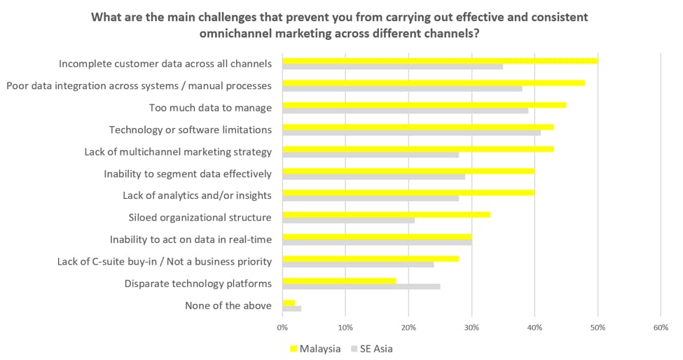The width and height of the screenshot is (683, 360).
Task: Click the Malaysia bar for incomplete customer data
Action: pyautogui.click(x=439, y=60)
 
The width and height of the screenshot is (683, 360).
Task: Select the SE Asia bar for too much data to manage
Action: pyautogui.click(x=405, y=111)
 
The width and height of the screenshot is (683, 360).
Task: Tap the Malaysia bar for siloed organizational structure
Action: pyautogui.click(x=386, y=214)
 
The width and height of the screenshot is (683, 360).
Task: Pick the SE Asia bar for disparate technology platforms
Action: pyautogui.click(x=361, y=286)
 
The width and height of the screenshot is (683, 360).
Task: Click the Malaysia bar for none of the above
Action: pyautogui.click(x=289, y=302)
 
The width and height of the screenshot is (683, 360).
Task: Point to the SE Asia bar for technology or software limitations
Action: pyautogui.click(x=411, y=132)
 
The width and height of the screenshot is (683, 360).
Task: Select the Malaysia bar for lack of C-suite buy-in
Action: pyautogui.click(x=371, y=258)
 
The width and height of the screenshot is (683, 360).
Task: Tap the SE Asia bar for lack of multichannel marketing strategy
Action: pyautogui.click(x=371, y=154)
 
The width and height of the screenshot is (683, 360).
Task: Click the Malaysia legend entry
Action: pyautogui.click(x=315, y=348)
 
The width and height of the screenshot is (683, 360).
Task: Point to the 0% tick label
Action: pyautogui.click(x=282, y=327)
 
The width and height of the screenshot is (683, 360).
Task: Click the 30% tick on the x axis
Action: pyautogui.click(x=471, y=327)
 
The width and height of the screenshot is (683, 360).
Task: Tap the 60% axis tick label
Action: pyautogui.click(x=661, y=327)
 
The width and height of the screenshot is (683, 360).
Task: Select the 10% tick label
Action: pyautogui.click(x=345, y=327)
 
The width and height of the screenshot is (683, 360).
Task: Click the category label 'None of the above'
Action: pyautogui.click(x=228, y=305)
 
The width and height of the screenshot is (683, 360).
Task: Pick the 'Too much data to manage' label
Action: pyautogui.click(x=210, y=108)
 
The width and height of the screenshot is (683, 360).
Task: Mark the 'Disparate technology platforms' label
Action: pyautogui.click(x=198, y=284)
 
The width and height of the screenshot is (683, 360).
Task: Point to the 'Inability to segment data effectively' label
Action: pyautogui.click(x=187, y=174)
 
